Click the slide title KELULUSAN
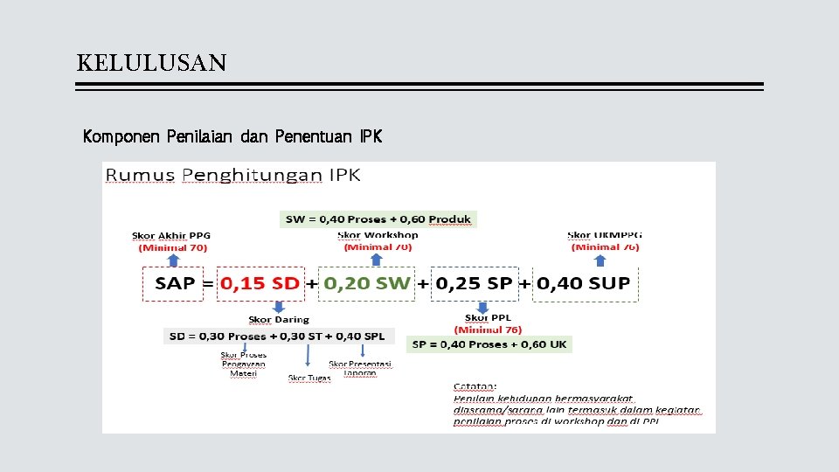[x=151, y=63]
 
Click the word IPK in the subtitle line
[x=370, y=137]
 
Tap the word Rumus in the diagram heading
[x=140, y=175]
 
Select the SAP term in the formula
[x=175, y=283]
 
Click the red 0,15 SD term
[x=260, y=283]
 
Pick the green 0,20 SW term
[x=366, y=283]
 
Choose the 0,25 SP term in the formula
[x=475, y=283]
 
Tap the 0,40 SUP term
[x=583, y=283]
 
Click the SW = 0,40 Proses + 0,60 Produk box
[x=378, y=219]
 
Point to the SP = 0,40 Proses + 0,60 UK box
[x=489, y=344]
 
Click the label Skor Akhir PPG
[x=171, y=235]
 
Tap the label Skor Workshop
[x=378, y=235]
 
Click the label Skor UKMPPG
[x=605, y=235]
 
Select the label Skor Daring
[x=279, y=320]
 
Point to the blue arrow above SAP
[x=173, y=260]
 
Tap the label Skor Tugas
[x=309, y=378]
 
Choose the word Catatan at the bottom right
[x=475, y=385]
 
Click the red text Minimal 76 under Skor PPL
[x=489, y=330]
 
